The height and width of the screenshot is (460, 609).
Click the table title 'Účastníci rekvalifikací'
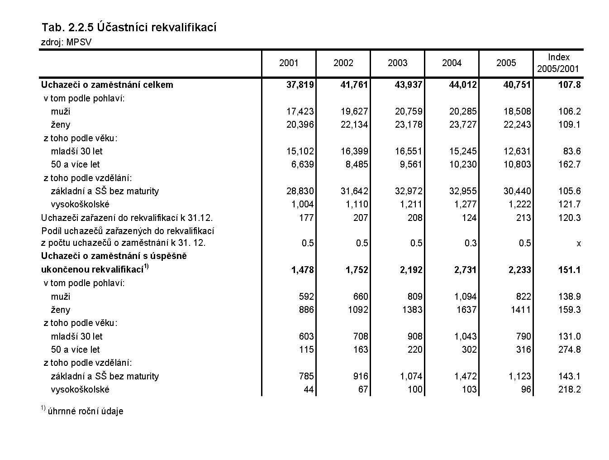coord(129,28)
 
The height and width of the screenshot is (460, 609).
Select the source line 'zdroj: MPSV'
coord(67,43)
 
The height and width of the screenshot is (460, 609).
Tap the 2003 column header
coord(397,63)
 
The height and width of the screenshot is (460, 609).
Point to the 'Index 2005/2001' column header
coord(558,63)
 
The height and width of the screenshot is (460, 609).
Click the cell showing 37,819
coord(300,85)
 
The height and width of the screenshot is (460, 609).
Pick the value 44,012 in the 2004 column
coord(462,85)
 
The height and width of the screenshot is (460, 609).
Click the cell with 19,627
coord(354,111)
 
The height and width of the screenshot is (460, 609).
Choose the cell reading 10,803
coord(517,164)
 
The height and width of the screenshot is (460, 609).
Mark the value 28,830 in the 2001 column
coord(300,191)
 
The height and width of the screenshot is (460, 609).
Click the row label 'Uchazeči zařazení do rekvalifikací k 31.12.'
coord(127,218)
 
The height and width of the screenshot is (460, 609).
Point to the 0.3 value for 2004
coord(471,243)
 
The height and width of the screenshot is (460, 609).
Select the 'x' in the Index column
coord(578,244)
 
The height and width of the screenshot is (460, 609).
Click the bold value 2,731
coord(466,270)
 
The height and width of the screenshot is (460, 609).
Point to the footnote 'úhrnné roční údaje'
coord(86,411)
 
